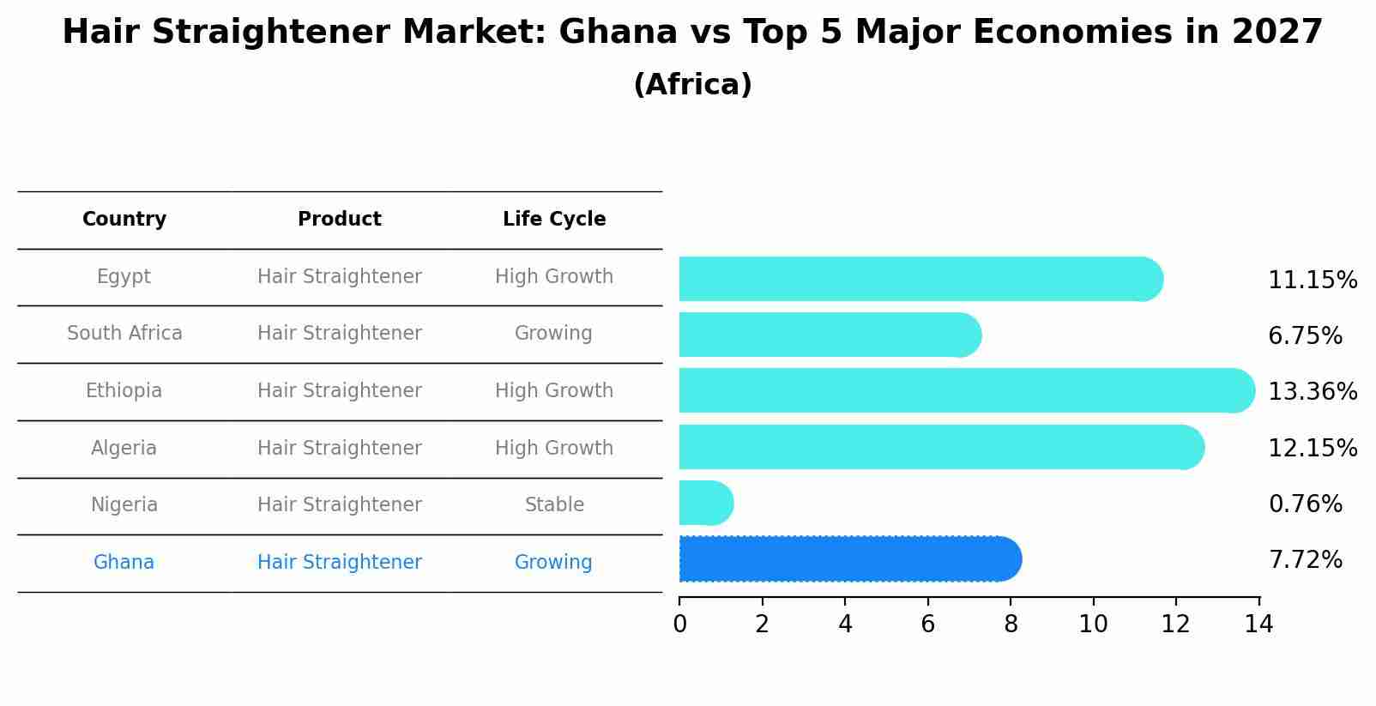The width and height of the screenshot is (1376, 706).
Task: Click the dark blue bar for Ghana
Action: click(849, 559)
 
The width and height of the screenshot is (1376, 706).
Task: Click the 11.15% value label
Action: click(1312, 281)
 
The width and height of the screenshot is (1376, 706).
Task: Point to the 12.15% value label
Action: click(1312, 448)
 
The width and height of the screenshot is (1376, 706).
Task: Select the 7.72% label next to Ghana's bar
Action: click(1305, 560)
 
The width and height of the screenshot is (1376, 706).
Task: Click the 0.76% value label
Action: click(1305, 504)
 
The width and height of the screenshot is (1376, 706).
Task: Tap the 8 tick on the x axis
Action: click(1011, 625)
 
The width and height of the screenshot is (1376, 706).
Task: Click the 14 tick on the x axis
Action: click(1258, 625)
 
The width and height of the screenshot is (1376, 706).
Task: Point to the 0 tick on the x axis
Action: click(679, 625)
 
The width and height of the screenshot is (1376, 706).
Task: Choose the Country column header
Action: click(124, 220)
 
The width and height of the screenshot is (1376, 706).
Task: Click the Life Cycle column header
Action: click(554, 220)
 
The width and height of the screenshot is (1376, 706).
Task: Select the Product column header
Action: click(340, 220)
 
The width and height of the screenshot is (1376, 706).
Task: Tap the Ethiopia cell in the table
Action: click(124, 391)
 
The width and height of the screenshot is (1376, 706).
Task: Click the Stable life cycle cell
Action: click(554, 505)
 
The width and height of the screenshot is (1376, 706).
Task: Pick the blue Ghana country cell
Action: click(124, 563)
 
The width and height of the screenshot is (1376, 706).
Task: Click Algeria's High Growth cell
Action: click(554, 448)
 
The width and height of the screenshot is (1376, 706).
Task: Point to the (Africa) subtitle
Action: click(692, 85)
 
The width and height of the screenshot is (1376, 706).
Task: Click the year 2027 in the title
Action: click(1277, 33)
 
